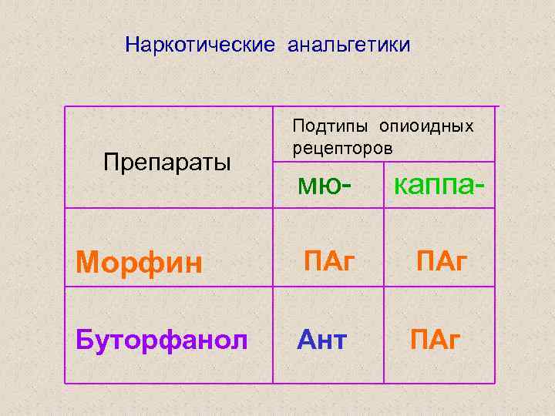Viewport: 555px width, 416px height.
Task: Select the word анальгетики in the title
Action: pos(349,45)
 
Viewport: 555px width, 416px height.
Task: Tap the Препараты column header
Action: pos(166,163)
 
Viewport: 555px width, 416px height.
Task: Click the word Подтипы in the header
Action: pos(330,126)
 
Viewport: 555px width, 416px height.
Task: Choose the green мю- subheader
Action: pos(327,185)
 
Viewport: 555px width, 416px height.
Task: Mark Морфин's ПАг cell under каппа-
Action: pos(443,260)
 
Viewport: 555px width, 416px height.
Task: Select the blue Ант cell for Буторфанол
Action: pos(322,337)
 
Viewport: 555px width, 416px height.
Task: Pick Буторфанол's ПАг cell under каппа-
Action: pos(436,337)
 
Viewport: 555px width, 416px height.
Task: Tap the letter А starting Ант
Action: pos(307,337)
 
